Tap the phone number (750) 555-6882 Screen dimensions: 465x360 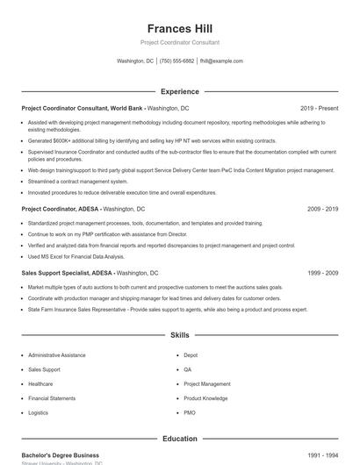[x=176, y=61]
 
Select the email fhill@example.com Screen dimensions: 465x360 [x=221, y=61]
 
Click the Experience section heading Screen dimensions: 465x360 [x=180, y=91]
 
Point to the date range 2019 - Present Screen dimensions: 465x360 [x=319, y=108]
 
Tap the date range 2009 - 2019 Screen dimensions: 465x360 [x=322, y=210]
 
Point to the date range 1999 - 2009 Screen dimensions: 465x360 [x=322, y=274]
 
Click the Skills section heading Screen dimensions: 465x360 [x=180, y=335]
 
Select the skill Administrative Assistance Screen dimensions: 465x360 [x=56, y=355]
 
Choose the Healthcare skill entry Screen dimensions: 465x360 [x=40, y=383]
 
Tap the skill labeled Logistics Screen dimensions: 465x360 [x=38, y=412]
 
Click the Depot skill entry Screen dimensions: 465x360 [x=191, y=355]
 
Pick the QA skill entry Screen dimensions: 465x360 [x=187, y=369]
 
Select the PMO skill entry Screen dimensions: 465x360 [x=190, y=412]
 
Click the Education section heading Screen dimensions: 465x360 [x=180, y=439]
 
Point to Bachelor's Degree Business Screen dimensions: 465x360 [x=60, y=455]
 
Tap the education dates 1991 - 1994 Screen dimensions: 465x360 [x=322, y=455]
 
